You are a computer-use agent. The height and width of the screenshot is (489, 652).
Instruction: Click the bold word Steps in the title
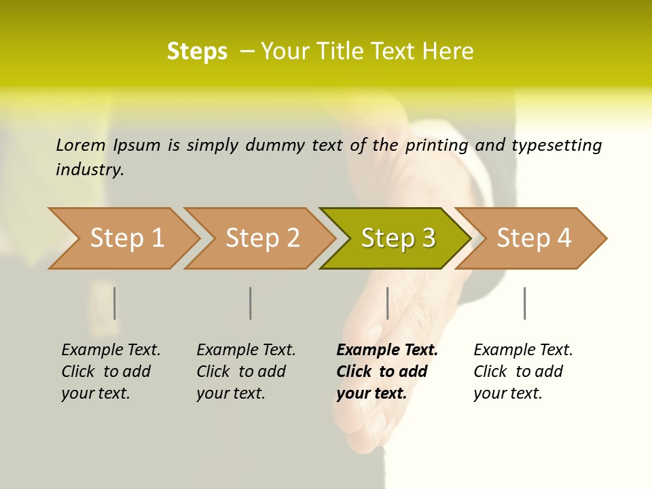197,52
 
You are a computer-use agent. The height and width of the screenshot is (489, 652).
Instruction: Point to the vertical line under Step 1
114,303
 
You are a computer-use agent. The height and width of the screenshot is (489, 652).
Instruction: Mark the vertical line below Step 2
251,303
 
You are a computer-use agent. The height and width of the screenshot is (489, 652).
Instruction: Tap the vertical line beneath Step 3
387,303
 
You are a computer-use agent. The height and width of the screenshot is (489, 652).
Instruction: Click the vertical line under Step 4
524,303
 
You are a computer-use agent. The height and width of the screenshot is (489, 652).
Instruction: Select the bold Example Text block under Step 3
387,372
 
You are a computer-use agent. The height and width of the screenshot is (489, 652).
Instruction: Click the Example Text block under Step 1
111,372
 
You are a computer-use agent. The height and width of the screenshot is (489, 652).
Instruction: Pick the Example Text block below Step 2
246,372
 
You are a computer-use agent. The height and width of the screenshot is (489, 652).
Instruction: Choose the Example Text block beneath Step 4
523,372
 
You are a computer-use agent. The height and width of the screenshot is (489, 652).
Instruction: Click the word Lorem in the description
81,145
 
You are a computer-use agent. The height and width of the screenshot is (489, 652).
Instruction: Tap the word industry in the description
90,170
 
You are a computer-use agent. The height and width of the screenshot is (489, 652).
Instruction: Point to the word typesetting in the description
556,145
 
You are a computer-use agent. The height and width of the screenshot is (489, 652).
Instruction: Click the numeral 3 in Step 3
428,238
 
